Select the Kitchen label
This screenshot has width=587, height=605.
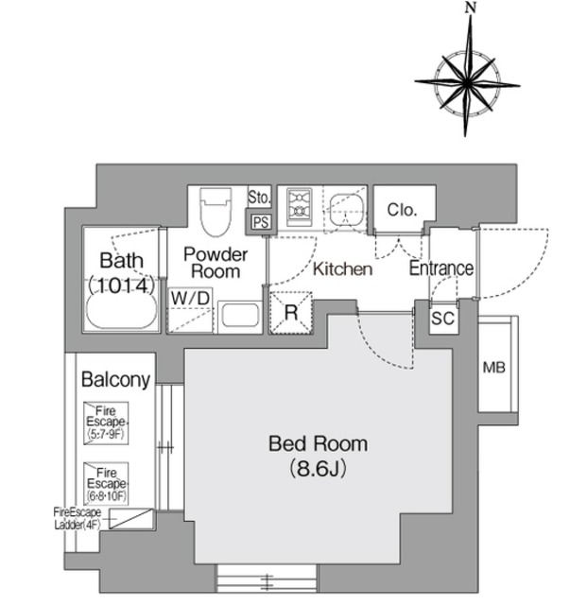coord(342,269)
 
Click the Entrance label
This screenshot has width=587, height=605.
coord(440,268)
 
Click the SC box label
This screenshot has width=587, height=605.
coord(441,319)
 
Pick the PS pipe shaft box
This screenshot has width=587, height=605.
coord(259,221)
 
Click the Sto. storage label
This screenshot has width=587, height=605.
coord(259,198)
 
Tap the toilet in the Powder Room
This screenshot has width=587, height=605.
coord(216,210)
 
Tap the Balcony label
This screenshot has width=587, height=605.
coord(115,380)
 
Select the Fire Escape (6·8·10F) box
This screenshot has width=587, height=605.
coord(106,481)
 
